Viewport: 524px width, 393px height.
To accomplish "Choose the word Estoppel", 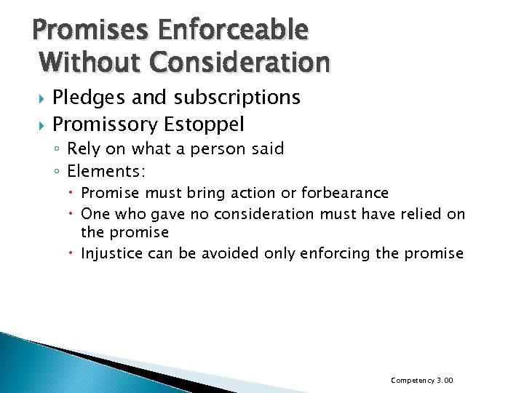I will click(x=204, y=124).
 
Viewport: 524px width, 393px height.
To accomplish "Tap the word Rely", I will click(x=84, y=149).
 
